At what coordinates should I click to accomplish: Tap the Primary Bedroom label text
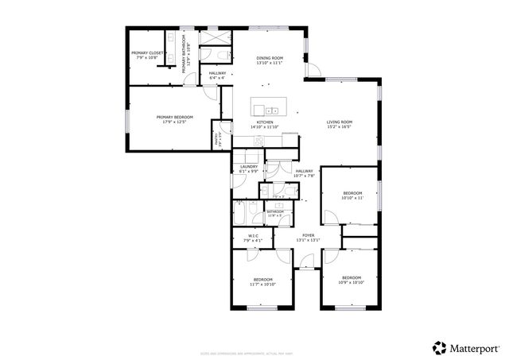[x=175, y=119]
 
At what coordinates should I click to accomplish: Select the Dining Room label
[x=270, y=60]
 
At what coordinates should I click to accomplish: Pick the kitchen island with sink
[x=269, y=107]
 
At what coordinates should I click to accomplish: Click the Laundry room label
[x=249, y=168]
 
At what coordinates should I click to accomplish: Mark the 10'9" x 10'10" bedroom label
[x=351, y=281]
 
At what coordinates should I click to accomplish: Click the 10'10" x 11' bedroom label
[x=352, y=195]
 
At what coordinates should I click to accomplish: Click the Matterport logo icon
[x=439, y=347]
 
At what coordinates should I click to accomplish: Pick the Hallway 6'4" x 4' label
[x=216, y=76]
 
